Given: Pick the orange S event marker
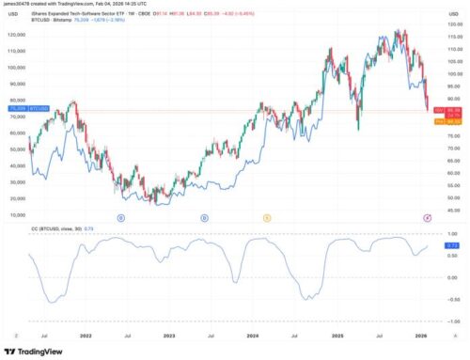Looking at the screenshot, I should pyautogui.click(x=266, y=217).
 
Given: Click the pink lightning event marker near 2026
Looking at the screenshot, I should pyautogui.click(x=428, y=217).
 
